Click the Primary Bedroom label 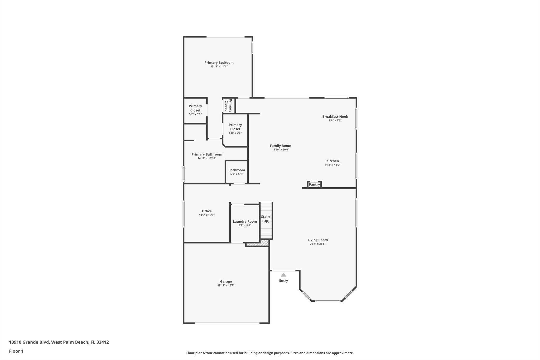click(219, 63)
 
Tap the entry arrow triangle click(283, 275)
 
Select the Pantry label click(314, 185)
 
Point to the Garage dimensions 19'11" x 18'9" click(226, 285)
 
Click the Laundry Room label click(245, 222)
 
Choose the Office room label click(207, 211)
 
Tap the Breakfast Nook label click(335, 117)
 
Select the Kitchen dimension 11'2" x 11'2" click(332, 165)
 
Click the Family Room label click(280, 146)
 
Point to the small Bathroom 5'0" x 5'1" click(237, 172)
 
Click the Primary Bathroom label click(207, 155)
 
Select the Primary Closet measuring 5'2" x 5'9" click(195, 110)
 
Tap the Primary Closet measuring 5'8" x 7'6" click(235, 128)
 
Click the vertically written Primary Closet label click(228, 105)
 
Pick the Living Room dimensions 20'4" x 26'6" click(317, 244)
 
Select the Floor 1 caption click(16, 351)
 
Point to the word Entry click(283, 281)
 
